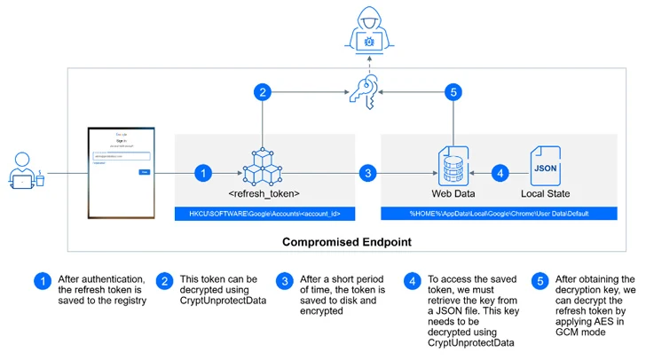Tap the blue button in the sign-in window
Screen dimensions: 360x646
click(x=144, y=171)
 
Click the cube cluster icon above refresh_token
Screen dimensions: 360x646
click(x=263, y=166)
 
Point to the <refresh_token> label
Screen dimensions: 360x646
click(x=264, y=192)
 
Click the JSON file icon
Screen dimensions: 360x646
click(x=544, y=166)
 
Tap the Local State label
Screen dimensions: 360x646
click(x=544, y=192)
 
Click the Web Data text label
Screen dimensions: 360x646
click(x=453, y=192)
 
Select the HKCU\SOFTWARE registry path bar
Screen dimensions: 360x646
click(x=264, y=214)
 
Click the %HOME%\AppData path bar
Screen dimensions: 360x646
click(x=499, y=214)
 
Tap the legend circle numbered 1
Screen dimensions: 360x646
click(x=42, y=281)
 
